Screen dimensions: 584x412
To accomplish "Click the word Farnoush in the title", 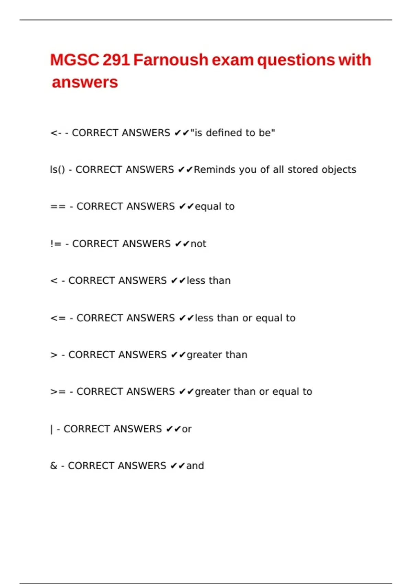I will pos(171,60).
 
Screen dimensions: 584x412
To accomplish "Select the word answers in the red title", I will pos(85,82).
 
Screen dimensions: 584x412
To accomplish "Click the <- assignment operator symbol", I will pos(56,133).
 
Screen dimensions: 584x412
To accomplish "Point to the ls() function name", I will pos(57,170).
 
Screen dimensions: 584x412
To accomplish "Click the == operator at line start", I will pos(58,206).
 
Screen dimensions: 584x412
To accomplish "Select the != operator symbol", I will pos(56,244).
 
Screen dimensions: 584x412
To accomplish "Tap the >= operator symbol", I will pos(58,392).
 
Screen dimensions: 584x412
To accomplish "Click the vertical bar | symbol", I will pos(51,429).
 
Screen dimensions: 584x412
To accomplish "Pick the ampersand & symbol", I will pos(54,466).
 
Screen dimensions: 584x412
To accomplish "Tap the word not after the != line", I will pos(198,244).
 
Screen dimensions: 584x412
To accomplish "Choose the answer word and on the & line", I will pos(195,466).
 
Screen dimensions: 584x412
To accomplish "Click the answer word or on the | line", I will pos(187,429).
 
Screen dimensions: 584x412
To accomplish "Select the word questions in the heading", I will pos(296,60).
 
